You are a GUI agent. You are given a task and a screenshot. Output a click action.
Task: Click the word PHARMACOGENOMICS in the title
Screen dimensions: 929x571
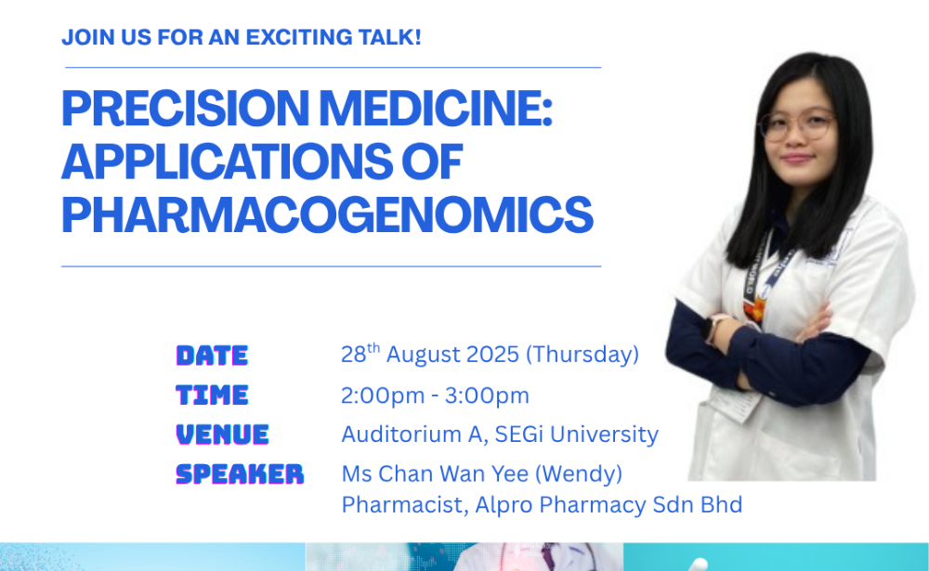327,214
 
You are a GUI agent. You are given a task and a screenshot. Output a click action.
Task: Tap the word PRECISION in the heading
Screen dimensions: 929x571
186,108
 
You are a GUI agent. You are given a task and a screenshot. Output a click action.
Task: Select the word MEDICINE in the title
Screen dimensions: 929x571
436,108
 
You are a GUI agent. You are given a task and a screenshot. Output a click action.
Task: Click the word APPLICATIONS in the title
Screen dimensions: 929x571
227,162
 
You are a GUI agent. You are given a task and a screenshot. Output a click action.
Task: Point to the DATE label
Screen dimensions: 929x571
212,356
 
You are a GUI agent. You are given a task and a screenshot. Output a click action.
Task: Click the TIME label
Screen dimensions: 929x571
212,396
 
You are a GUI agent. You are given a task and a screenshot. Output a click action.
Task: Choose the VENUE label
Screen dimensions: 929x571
223,435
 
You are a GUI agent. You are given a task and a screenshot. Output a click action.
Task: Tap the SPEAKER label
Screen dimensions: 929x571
240,474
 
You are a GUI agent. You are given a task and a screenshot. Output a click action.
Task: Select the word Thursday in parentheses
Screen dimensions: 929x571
582,355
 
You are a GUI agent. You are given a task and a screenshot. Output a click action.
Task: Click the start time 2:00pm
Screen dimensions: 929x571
383,396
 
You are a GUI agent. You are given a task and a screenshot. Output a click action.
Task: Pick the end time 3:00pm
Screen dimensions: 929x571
487,396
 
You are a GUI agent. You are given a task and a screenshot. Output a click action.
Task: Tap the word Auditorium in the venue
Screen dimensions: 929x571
401,435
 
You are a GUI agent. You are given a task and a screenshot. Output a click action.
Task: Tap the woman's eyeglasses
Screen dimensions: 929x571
797,125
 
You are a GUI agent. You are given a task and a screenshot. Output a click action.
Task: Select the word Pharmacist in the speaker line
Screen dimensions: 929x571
405,505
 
